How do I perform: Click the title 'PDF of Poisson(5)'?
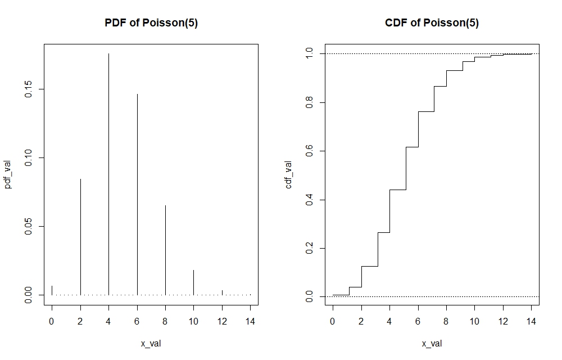point(151,23)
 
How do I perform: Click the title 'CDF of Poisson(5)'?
point(432,23)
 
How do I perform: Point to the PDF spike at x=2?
point(80,236)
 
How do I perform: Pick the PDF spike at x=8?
point(165,250)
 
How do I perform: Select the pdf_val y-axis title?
point(8,174)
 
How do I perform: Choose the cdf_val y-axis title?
point(289,174)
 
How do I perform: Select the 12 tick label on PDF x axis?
point(222,322)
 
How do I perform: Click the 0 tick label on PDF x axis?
point(52,322)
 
